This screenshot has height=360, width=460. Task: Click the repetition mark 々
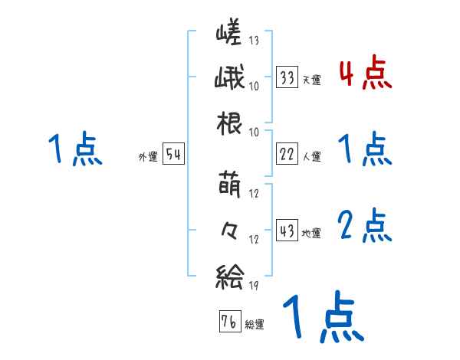228,229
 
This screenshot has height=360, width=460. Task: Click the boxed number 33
287,77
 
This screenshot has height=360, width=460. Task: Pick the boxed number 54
173,155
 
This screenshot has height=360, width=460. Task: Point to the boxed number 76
228,321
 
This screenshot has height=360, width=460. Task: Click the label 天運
311,80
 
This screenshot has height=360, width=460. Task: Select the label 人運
311,156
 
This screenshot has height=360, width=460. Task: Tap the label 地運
311,233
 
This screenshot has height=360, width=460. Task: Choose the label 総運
254,324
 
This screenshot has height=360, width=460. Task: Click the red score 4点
364,74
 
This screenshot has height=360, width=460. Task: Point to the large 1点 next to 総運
322,319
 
